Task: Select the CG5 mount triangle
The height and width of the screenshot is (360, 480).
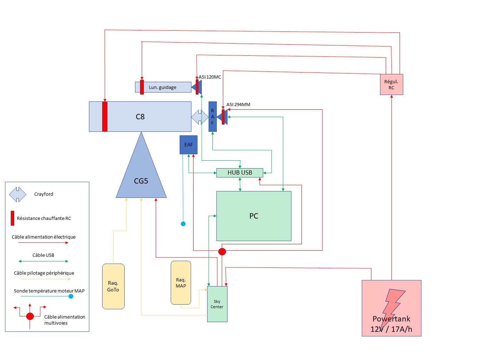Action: click(x=141, y=175)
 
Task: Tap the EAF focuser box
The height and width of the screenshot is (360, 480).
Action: click(x=189, y=145)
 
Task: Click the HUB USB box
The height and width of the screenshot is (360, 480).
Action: click(x=240, y=172)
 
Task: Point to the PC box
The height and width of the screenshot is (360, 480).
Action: click(x=254, y=216)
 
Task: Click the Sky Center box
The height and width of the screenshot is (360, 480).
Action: click(x=217, y=304)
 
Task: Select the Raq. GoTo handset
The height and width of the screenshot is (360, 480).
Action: click(x=113, y=286)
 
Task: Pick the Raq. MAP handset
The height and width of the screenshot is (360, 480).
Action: click(x=181, y=282)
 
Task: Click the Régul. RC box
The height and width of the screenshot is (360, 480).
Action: click(x=391, y=85)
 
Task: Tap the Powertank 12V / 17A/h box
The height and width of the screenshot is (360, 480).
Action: click(x=391, y=308)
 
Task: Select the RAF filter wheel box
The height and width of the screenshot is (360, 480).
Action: click(x=212, y=116)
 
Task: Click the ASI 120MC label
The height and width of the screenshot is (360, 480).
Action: click(x=210, y=77)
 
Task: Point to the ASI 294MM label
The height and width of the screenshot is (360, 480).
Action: click(x=238, y=105)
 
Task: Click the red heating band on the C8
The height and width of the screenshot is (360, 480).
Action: click(x=105, y=116)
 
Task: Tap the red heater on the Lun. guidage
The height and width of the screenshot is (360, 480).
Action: click(x=142, y=87)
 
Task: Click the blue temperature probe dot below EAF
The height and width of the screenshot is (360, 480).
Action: click(x=183, y=224)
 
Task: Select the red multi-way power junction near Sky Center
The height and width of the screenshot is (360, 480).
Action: click(x=222, y=251)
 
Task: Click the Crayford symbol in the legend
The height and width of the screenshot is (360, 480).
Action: click(x=17, y=194)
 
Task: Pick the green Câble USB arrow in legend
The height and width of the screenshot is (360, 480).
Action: click(x=43, y=261)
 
